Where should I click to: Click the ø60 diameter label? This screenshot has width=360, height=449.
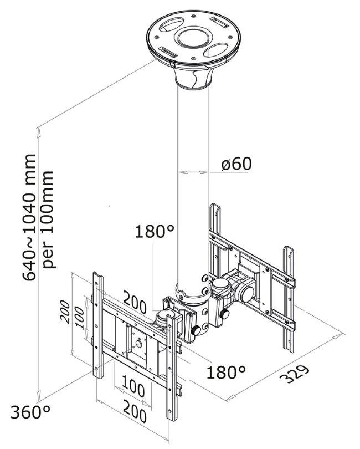(x=236, y=164)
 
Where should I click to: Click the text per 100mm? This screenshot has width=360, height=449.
(x=49, y=220)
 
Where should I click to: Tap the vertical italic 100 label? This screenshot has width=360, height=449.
(x=81, y=318)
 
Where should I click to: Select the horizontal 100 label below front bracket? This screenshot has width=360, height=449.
(x=133, y=384)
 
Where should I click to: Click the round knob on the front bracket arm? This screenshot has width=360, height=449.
(x=196, y=331)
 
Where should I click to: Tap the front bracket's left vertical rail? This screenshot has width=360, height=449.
(x=98, y=327)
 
